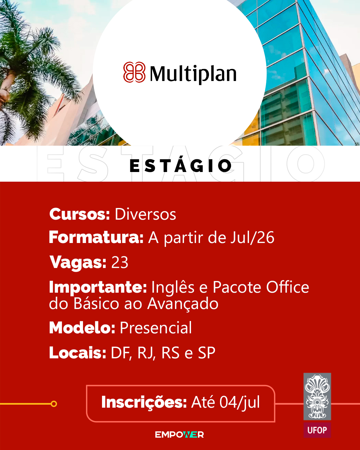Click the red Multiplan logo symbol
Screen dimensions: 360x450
(x=134, y=72)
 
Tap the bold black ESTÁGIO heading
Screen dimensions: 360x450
(x=181, y=165)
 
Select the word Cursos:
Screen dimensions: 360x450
(x=79, y=214)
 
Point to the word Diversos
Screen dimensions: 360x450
(x=145, y=214)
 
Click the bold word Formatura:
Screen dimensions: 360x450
(x=96, y=237)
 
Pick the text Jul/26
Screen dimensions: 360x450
(x=252, y=238)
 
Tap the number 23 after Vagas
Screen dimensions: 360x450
(x=120, y=262)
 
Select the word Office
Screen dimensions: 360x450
(x=288, y=287)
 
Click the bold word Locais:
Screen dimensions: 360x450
(x=78, y=353)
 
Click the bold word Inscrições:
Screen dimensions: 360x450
(x=144, y=402)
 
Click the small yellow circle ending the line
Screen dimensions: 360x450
(x=54, y=404)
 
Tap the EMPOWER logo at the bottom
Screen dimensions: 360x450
(x=179, y=435)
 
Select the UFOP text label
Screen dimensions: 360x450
(x=317, y=430)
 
